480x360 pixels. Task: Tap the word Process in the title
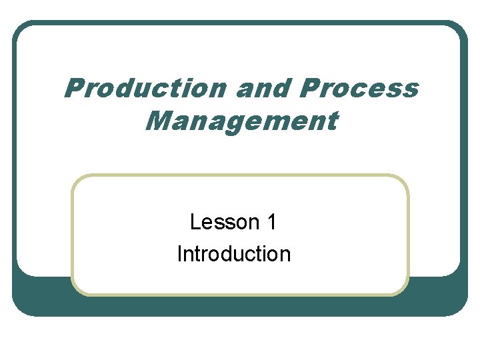pos(359,89)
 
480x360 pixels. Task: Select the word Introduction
pos(234,253)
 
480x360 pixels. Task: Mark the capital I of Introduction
pos(179,253)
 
